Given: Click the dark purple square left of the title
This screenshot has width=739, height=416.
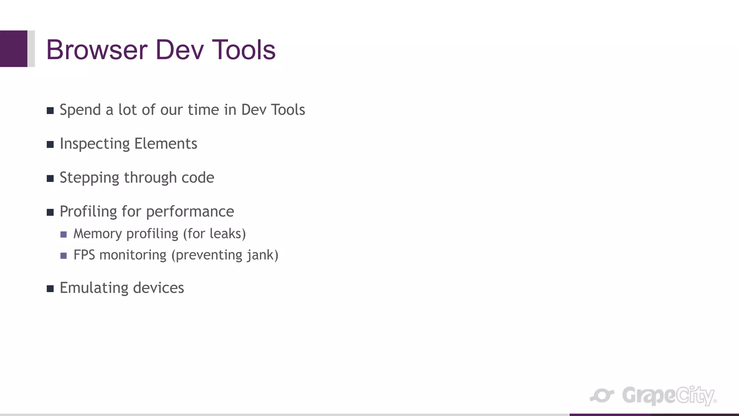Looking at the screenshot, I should tap(13, 49).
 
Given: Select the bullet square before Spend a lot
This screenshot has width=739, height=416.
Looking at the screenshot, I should tap(50, 110).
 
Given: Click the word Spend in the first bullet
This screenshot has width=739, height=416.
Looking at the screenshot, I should tap(80, 110).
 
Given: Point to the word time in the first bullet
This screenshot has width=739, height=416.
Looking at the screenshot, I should tap(203, 110).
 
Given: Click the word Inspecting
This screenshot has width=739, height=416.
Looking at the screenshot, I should tap(95, 144).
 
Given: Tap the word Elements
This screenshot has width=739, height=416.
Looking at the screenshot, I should tap(166, 144).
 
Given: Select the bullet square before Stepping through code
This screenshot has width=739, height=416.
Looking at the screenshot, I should tap(50, 178).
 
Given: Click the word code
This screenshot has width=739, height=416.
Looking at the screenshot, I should tap(198, 178).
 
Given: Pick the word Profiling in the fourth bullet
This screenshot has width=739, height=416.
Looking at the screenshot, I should tap(88, 212).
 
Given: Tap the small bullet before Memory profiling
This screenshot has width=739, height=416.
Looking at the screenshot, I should tap(64, 234).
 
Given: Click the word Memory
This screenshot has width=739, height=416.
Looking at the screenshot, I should tap(97, 234).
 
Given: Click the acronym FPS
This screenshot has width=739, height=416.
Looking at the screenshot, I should tap(84, 255).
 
